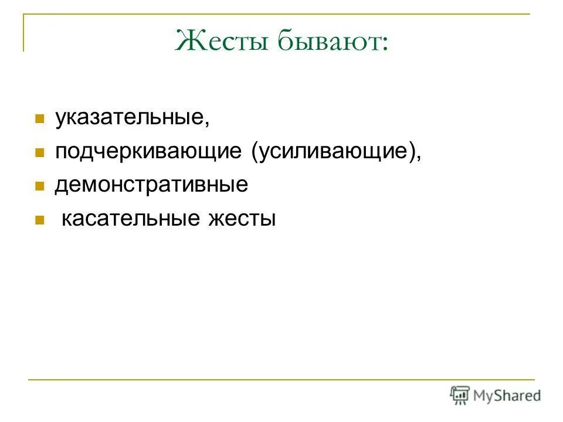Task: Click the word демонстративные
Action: [152, 185]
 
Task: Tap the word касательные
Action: [131, 219]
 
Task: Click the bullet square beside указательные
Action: [40, 119]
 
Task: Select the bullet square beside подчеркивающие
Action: [40, 153]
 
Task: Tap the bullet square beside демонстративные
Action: [40, 186]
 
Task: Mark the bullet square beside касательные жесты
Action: [40, 220]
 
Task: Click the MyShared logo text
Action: [507, 396]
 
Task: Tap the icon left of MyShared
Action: [459, 394]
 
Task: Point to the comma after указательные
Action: [206, 124]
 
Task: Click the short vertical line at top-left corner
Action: [24, 32]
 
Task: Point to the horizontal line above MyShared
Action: [281, 380]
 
